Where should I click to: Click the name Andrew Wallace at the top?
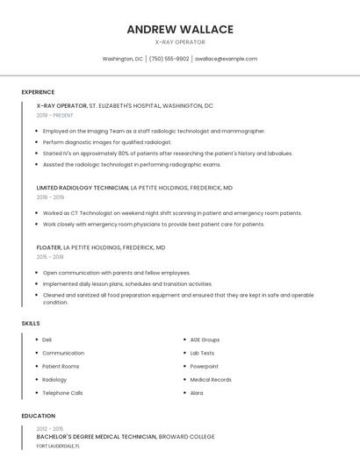[180, 29]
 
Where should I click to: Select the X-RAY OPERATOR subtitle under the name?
[180, 42]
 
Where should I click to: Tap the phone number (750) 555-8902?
[169, 59]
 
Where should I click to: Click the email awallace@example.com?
[226, 59]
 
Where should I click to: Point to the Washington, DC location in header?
[122, 59]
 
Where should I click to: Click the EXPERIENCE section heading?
[38, 92]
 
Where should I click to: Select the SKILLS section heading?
[31, 324]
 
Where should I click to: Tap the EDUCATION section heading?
[38, 416]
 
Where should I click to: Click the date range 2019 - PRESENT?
[55, 115]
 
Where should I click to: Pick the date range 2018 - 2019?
[50, 197]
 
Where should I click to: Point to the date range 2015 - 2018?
[50, 257]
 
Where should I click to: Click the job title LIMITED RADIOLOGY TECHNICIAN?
[83, 188]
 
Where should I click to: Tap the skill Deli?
[47, 340]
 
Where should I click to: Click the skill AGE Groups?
[205, 340]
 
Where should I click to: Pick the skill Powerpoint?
[204, 366]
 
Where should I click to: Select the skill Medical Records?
[211, 380]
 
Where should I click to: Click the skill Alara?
[197, 393]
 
